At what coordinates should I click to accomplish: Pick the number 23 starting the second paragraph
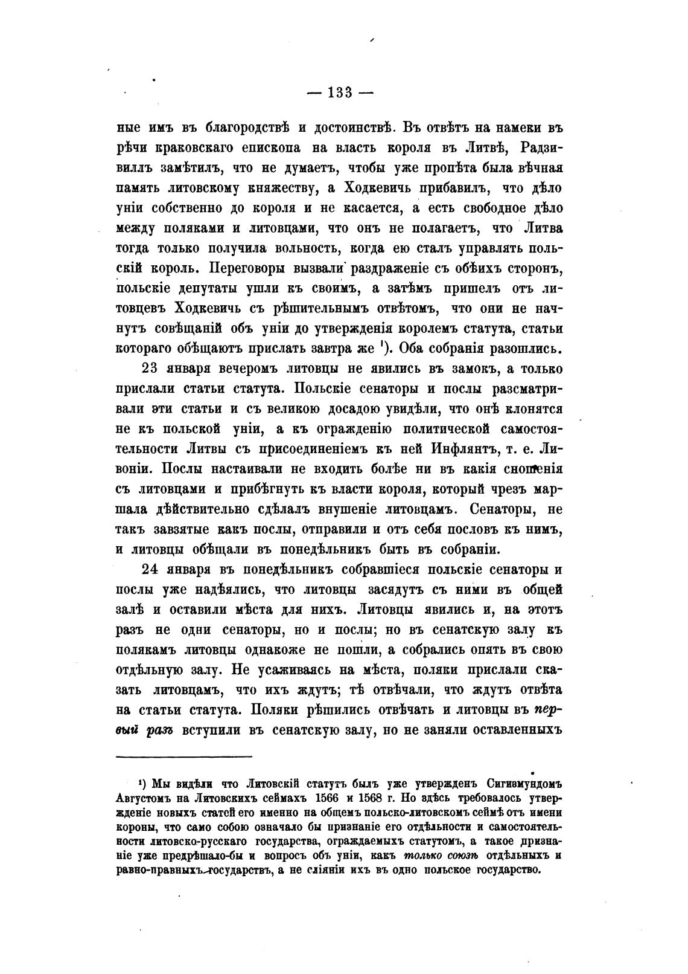[148, 369]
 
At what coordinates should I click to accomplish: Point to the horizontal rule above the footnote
[183, 756]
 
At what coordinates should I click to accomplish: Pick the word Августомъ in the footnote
[141, 798]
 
